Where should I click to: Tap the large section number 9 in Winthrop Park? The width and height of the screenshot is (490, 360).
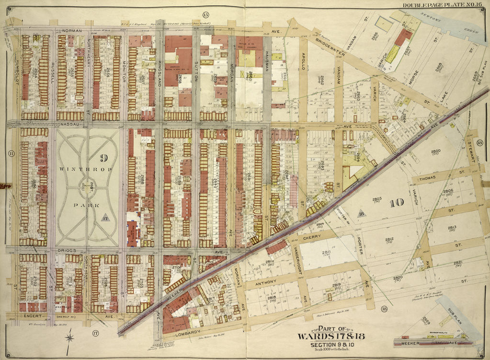tap(102, 157)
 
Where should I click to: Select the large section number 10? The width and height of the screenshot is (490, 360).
tap(396, 203)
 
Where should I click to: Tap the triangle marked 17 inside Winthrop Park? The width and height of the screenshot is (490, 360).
tap(105, 217)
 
